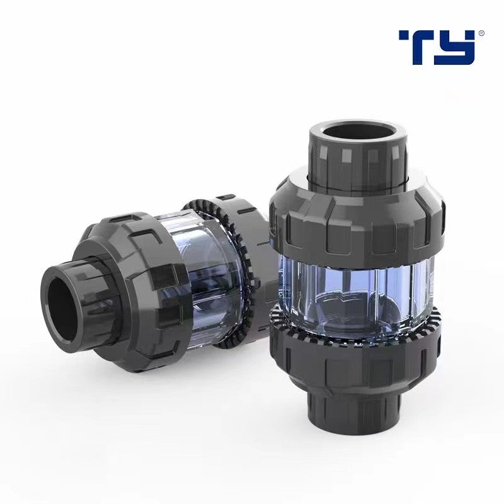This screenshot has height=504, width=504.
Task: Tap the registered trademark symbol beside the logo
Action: (x=482, y=33)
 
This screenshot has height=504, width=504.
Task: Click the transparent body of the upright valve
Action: (x=356, y=287)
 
